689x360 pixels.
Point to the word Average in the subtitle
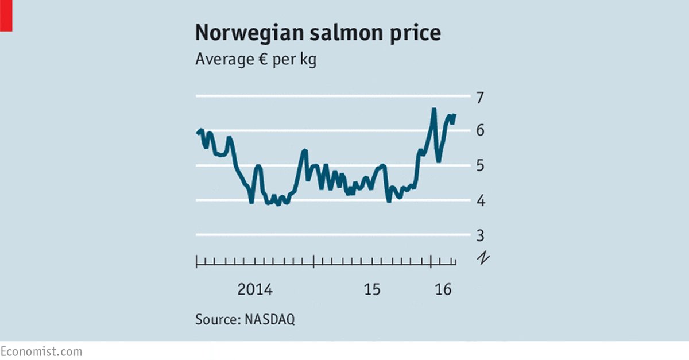tap(222, 60)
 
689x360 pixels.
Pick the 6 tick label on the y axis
tap(481, 131)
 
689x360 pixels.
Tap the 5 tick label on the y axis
tap(481, 165)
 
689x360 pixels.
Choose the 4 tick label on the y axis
tap(481, 200)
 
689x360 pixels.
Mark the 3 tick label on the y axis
tap(481, 235)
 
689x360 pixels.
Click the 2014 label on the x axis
tap(255, 290)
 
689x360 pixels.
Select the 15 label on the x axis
tap(372, 290)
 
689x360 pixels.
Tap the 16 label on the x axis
tap(443, 290)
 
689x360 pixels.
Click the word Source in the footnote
tap(216, 320)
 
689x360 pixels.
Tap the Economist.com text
tap(41, 351)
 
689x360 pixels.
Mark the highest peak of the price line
tap(434, 109)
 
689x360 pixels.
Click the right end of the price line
tap(455, 115)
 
